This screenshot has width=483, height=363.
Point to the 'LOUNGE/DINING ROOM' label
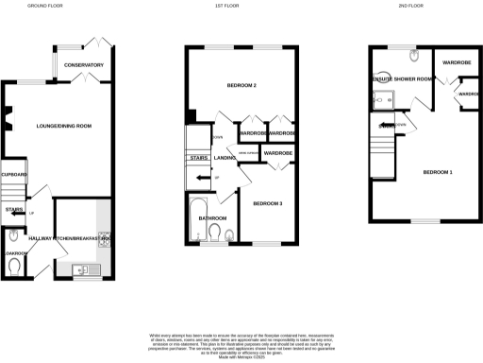(63, 125)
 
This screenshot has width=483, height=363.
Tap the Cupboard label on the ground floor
(14, 175)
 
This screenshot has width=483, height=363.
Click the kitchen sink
(83, 271)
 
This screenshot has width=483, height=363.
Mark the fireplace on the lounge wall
(8, 118)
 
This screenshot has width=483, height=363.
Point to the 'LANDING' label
(224, 158)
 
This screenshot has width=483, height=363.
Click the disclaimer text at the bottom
(241, 342)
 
